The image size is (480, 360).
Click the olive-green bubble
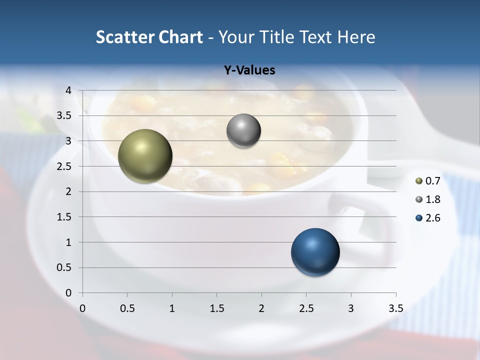point(145,156)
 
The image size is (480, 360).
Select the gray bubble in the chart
point(243,131)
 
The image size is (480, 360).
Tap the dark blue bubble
point(315,252)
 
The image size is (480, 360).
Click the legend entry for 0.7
point(428,181)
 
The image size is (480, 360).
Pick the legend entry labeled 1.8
point(428,199)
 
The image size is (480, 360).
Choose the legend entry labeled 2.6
point(428,218)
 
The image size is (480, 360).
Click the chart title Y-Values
point(249,70)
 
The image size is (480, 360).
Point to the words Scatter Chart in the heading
point(149,37)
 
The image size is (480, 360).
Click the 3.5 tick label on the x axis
point(395,308)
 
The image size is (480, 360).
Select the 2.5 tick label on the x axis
point(306,308)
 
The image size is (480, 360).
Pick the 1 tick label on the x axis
point(172,308)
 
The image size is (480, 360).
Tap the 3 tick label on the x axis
point(351,308)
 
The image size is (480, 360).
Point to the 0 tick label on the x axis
point(82,308)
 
